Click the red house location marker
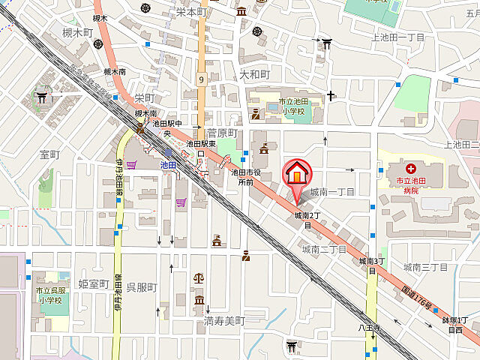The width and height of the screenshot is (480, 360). point(297,175)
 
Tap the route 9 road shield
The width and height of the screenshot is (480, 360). point(202,78)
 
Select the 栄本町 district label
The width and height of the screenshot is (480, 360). point(191,12)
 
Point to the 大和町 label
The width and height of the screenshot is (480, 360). point(254,75)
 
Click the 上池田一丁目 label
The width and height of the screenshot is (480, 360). point(398,37)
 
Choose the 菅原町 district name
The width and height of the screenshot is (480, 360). point(222,133)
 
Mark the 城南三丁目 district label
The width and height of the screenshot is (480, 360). point(425,266)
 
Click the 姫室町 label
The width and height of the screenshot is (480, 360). point(94,283)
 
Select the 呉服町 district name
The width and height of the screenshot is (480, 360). point(141,288)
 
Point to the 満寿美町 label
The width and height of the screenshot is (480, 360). point(224,320)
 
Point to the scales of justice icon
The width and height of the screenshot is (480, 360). point(199,277)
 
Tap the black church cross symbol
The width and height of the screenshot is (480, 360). point(330,96)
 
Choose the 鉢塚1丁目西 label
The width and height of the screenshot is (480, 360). point(455,324)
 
